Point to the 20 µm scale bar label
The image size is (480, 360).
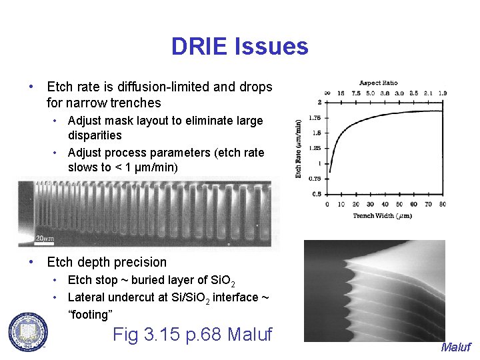click(x=45, y=238)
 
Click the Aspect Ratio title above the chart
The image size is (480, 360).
click(x=379, y=83)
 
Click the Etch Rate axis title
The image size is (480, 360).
click(x=299, y=148)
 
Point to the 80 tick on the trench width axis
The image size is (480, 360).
click(x=443, y=205)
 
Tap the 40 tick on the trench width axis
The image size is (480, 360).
click(x=385, y=205)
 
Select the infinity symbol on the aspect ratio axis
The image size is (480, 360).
click(x=327, y=93)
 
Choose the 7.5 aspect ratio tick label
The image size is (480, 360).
click(x=356, y=93)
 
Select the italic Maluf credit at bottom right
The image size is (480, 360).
click(x=455, y=347)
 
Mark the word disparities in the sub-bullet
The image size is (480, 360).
click(x=95, y=135)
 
